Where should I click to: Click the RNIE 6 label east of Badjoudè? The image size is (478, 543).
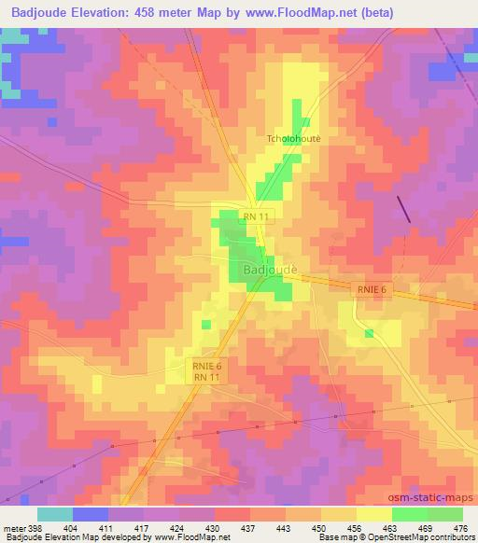point(371,290)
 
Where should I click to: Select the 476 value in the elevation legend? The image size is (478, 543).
point(459,528)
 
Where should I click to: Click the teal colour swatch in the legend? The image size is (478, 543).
point(55,514)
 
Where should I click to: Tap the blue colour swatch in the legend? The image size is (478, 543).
point(91,514)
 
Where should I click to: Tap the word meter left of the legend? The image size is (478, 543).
point(14,528)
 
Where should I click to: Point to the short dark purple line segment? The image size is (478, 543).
point(404,209)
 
